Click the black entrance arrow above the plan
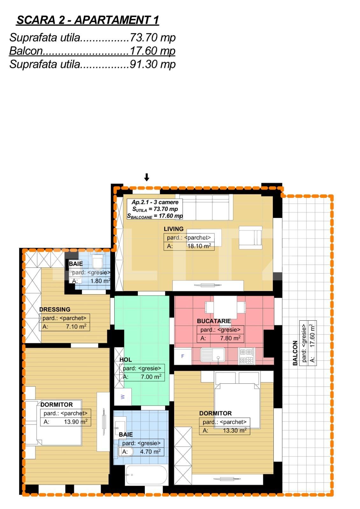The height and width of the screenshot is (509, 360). click(x=147, y=177)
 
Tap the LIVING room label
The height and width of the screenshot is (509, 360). click(x=173, y=229)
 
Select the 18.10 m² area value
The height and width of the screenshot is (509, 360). click(x=199, y=246)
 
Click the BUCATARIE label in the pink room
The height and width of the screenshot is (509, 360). click(x=214, y=321)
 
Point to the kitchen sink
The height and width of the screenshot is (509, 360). click(x=213, y=355)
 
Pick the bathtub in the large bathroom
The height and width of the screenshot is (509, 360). click(x=146, y=474)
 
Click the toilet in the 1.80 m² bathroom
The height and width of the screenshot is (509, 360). click(x=98, y=261)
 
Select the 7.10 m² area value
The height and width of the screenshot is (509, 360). click(x=76, y=326)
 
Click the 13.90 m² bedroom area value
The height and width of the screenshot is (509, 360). click(x=76, y=422)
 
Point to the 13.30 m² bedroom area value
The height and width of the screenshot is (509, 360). click(x=235, y=430)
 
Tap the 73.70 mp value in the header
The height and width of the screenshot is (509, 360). click(x=152, y=37)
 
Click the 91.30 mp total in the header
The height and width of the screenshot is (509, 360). click(x=152, y=64)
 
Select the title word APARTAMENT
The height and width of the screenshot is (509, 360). click(x=112, y=20)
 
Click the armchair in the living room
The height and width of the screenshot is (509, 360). click(x=251, y=238)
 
